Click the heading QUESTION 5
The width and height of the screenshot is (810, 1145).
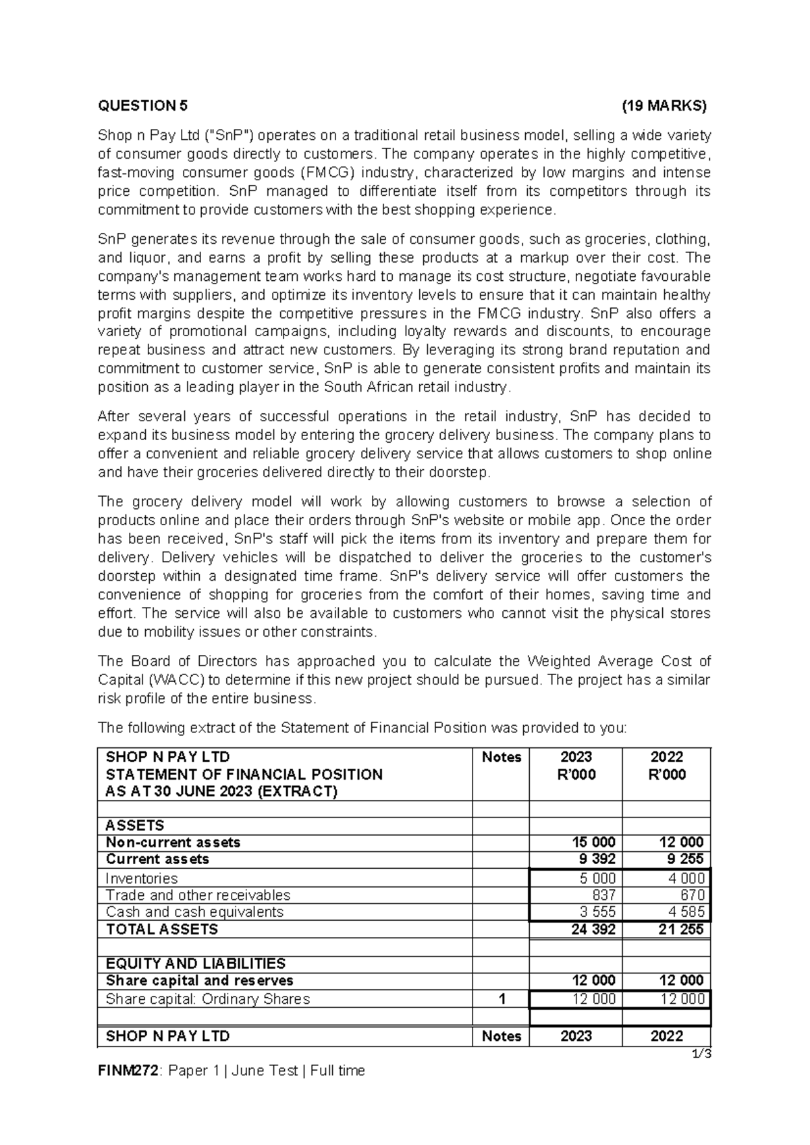tap(143, 105)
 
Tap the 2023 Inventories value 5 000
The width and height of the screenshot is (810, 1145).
tap(595, 878)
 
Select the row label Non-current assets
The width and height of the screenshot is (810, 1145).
tap(173, 843)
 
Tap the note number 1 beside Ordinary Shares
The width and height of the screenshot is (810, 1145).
tap(501, 1000)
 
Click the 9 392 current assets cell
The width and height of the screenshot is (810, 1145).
tap(595, 859)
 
